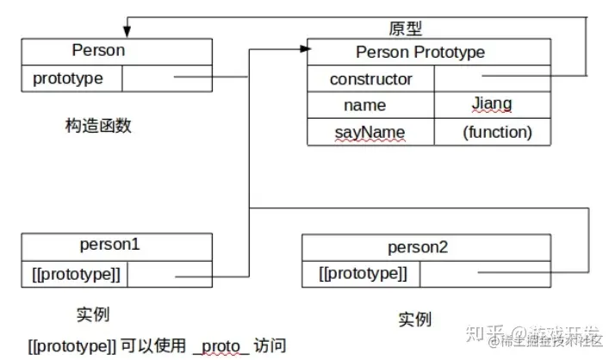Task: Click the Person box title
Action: [98, 50]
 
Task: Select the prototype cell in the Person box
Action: [68, 78]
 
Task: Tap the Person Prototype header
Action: [420, 53]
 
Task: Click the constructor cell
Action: [371, 79]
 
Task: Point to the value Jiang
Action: [491, 104]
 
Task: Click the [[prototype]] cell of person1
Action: [74, 275]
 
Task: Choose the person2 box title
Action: [418, 248]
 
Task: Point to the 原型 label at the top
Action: [407, 29]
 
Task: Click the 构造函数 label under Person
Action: [98, 126]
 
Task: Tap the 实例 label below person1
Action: [93, 313]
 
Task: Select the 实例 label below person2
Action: [414, 320]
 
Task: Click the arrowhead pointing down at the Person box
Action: [127, 33]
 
